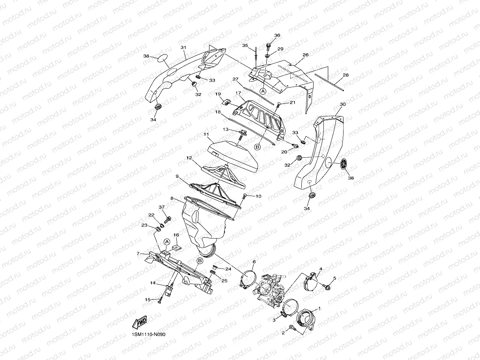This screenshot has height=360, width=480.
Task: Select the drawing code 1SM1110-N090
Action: point(149,334)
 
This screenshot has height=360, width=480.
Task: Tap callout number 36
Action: point(277,35)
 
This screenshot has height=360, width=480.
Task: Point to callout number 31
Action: point(183,47)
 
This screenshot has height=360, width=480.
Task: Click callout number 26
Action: point(305,55)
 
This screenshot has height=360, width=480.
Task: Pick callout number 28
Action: point(346,75)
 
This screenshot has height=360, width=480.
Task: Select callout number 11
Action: point(206,134)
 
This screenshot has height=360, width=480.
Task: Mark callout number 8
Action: point(172,199)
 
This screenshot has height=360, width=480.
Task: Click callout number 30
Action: point(342,104)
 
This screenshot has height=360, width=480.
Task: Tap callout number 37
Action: point(161,207)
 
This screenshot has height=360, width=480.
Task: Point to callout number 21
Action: point(292,103)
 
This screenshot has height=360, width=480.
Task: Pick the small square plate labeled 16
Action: point(177,248)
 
